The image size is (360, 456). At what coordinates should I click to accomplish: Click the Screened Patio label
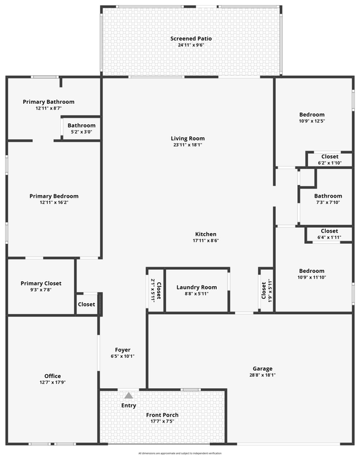pos(191,39)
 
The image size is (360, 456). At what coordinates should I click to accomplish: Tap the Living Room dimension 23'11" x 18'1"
pos(188,145)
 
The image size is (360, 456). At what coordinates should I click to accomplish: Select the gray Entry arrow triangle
pos(129,395)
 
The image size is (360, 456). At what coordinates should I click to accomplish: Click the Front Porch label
pos(162,415)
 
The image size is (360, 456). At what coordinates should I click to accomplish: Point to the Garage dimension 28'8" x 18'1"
pos(262,375)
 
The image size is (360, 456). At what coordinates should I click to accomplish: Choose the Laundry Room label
pos(196,287)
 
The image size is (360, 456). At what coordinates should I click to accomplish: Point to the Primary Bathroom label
pos(48,101)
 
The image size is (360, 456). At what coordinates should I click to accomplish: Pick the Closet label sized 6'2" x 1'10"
pos(330,156)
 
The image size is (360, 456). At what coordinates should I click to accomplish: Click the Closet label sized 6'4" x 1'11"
pos(330,231)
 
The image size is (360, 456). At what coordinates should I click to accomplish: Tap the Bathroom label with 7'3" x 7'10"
pos(328,196)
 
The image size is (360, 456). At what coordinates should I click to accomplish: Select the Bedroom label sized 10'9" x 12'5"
pos(312,114)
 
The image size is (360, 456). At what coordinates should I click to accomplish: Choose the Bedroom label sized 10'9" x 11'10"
pos(312,270)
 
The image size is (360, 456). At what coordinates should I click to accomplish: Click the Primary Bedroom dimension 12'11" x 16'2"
pos(54,203)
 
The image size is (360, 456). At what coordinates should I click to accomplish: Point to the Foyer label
pos(122,350)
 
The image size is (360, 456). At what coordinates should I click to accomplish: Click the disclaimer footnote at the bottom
pos(180,453)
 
